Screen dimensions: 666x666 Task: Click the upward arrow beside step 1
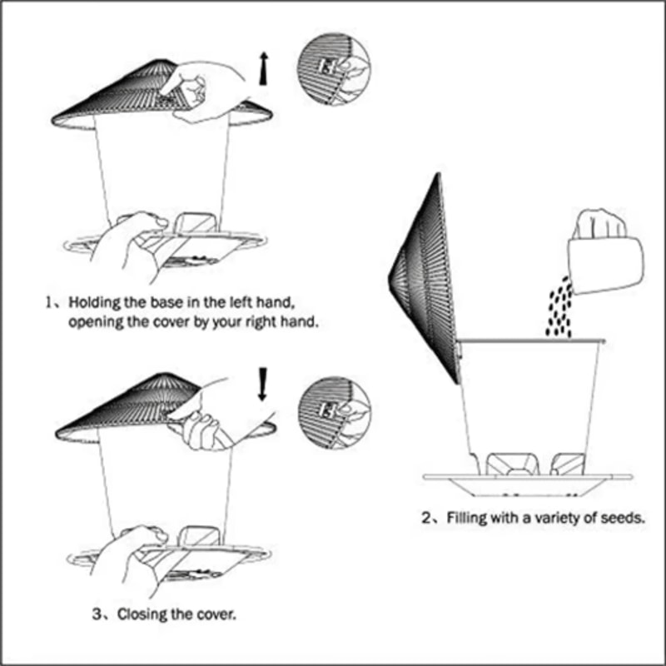tap(264, 68)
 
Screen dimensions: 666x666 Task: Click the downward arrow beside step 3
tap(263, 384)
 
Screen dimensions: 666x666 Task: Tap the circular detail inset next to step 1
tap(334, 69)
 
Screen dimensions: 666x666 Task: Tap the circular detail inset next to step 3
tap(334, 412)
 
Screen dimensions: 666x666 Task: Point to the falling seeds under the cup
tap(559, 307)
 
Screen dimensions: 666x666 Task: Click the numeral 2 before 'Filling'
tap(427, 518)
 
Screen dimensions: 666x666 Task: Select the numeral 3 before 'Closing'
tap(97, 614)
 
